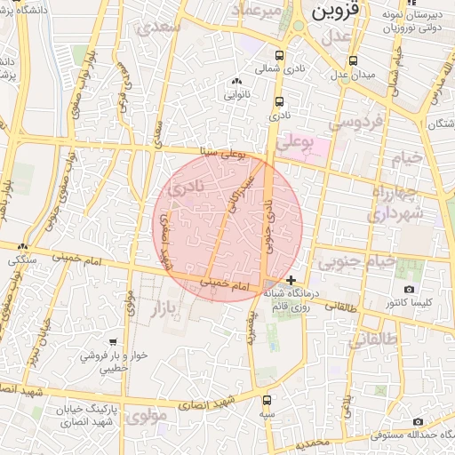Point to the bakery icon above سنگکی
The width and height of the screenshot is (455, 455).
(24, 249)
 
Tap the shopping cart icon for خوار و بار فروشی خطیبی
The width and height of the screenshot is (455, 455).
(113, 341)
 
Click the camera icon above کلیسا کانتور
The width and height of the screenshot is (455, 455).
(409, 290)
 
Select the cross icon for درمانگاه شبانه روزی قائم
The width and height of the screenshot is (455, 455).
(291, 280)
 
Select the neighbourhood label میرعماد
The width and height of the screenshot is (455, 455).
(257, 11)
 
